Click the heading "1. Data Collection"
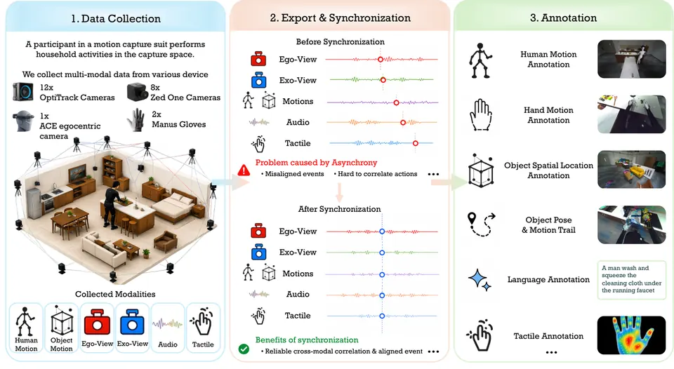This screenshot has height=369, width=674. [x=116, y=19]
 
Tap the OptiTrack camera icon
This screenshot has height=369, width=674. [x=22, y=92]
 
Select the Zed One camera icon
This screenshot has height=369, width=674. [x=138, y=92]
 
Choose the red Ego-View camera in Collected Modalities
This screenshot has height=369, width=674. [x=97, y=323]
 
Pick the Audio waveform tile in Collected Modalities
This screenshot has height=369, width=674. [x=168, y=324]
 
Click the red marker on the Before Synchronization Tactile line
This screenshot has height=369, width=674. [x=415, y=143]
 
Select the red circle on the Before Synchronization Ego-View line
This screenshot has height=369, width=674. [x=381, y=60]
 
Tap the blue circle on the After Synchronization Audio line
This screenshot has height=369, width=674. [x=382, y=295]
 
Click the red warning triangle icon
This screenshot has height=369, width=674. [x=244, y=170]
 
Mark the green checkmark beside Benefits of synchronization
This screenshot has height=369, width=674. [x=244, y=349]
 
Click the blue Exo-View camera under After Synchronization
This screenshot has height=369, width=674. [x=258, y=252]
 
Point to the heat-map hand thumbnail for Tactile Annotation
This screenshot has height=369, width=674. [x=631, y=335]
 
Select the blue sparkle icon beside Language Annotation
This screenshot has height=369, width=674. [x=480, y=280]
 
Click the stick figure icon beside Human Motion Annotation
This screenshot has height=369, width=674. [x=480, y=60]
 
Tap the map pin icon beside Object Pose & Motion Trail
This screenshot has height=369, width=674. [x=472, y=218]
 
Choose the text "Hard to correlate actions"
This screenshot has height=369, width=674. [x=378, y=174]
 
